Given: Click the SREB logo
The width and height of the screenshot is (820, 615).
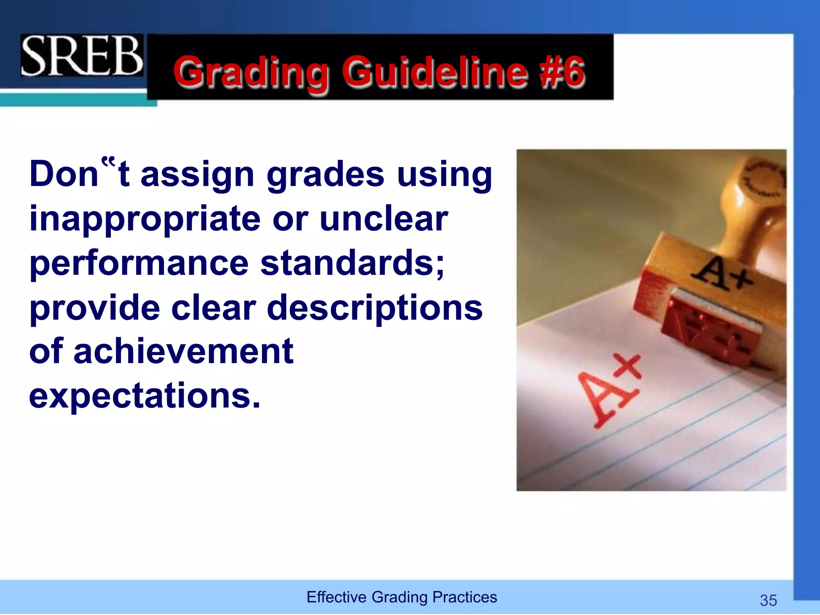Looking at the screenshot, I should [82, 56].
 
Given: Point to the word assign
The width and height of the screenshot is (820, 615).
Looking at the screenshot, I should [197, 175].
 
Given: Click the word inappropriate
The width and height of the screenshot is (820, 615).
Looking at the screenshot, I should [145, 219].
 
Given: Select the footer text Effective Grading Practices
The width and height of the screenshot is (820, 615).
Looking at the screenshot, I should [402, 597].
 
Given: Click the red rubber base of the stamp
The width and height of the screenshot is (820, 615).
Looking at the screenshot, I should [709, 330].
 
